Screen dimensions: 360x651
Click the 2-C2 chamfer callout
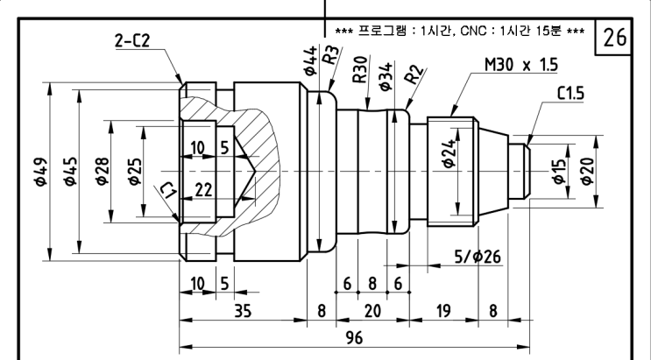(140, 40)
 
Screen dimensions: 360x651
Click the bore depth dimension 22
(203, 190)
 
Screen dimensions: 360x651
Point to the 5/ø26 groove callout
(478, 257)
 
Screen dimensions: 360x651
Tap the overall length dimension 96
(353, 336)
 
